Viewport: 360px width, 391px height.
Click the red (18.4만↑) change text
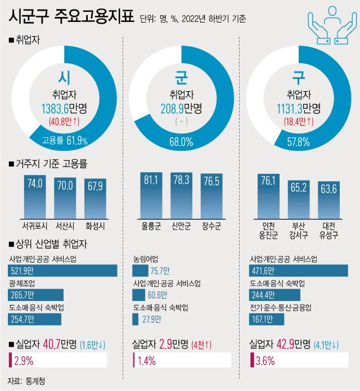click(298, 120)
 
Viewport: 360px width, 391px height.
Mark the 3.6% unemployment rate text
click(264, 359)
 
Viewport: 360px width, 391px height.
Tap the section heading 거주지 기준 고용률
click(54, 164)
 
